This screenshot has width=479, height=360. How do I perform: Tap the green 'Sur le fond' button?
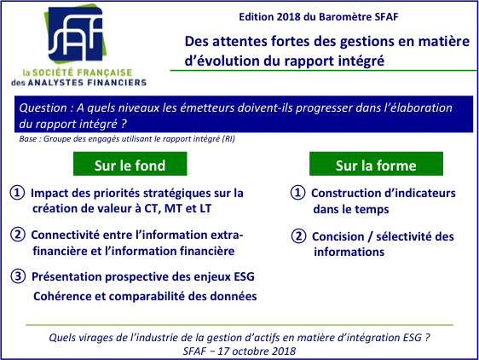point(130,164)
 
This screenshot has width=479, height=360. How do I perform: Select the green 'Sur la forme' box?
point(376,164)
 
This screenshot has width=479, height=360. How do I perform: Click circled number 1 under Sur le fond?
point(17,193)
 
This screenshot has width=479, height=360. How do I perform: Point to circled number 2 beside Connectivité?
point(18,235)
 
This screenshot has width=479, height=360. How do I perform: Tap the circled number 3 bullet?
point(18,276)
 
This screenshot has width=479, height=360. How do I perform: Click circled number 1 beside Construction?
point(297,193)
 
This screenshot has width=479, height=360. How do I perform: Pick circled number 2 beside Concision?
point(298,236)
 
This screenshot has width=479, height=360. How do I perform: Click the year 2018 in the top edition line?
point(289,17)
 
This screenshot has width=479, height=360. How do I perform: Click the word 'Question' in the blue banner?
point(43,108)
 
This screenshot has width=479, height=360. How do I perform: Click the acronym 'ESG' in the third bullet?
point(244,276)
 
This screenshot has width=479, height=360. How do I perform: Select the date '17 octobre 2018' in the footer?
point(257,351)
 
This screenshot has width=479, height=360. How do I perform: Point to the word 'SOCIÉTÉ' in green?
point(53,73)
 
